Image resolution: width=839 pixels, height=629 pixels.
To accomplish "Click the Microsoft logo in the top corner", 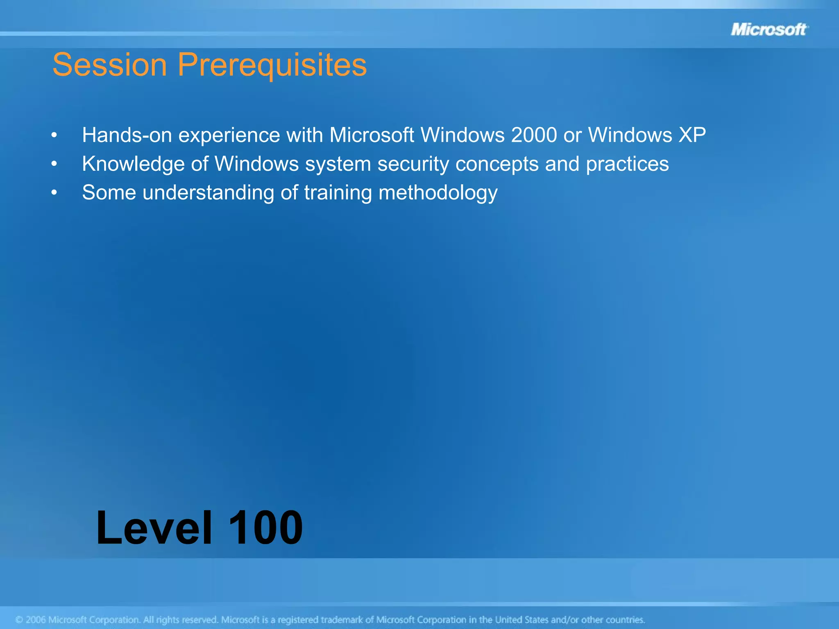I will point(769,29).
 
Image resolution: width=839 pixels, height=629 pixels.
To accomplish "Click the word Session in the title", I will point(109,65).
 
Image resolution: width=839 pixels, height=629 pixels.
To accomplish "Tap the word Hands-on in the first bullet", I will point(127,135).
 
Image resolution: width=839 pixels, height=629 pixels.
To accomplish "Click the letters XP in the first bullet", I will point(692,135).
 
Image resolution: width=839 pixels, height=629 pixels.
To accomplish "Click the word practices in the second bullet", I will point(627,164).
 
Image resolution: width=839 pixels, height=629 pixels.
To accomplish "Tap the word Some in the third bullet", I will point(109,192).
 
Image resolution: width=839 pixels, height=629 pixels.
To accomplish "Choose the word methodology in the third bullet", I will point(438,193).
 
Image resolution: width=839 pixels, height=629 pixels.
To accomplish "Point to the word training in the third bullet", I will point(338,193).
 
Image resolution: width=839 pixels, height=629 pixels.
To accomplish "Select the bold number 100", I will point(265,528).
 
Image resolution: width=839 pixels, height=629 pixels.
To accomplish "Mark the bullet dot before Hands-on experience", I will point(54,136).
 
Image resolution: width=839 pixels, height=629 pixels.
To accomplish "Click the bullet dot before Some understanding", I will point(54,193).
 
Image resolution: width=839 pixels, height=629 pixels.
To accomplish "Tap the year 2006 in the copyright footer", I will point(36,620).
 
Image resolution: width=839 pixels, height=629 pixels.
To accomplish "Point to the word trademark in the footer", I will point(342,620).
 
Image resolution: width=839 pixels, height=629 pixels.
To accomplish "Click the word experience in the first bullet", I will point(229,136).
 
